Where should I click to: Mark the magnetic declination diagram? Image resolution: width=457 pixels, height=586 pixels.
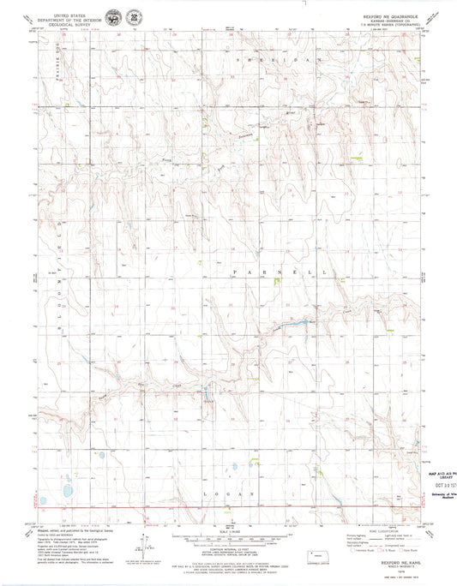click(141, 542)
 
